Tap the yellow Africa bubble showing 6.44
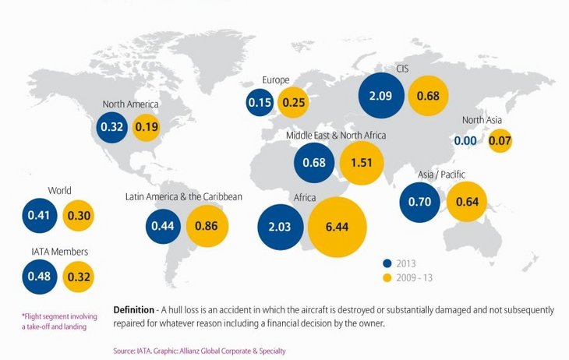(x=336, y=228)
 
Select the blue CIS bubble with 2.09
(x=382, y=97)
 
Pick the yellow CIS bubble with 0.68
(x=428, y=97)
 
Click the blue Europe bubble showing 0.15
(x=260, y=102)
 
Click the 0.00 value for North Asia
(x=465, y=141)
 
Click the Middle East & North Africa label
(x=336, y=136)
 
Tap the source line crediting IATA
(x=200, y=351)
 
